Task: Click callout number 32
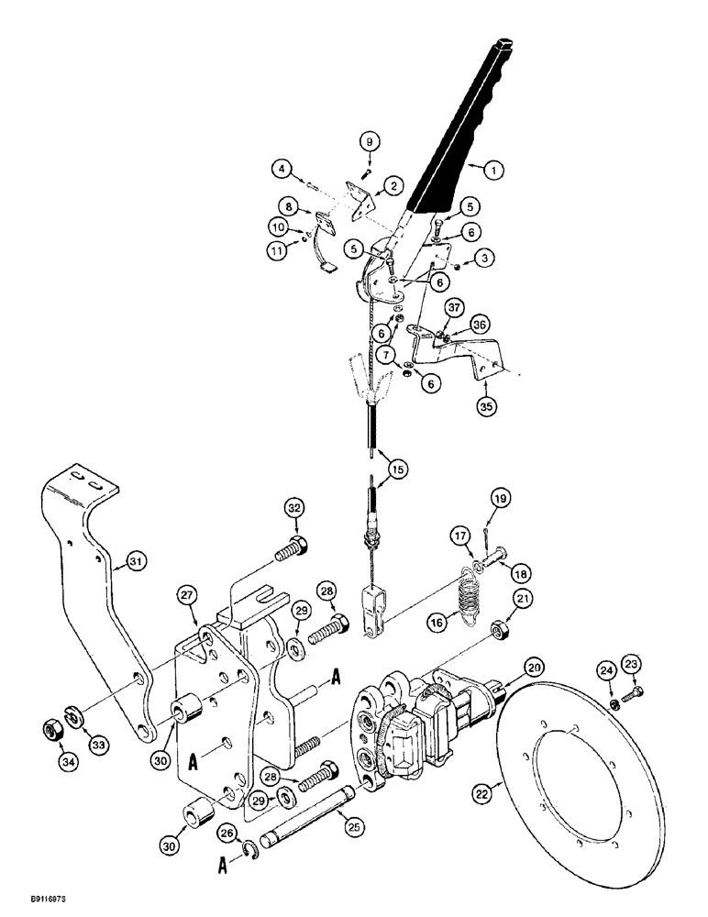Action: (293, 506)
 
